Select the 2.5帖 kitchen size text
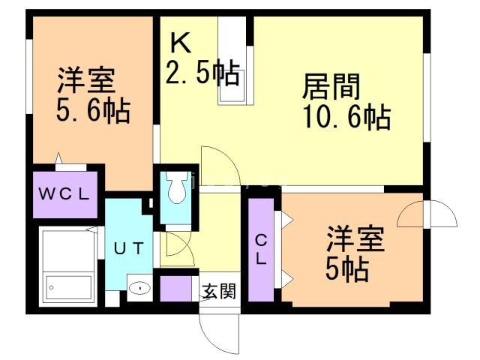[x=202, y=73]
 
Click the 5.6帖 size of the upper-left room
[x=92, y=111]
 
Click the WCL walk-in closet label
[x=64, y=193]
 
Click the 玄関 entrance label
[x=220, y=289]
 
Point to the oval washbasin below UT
[x=140, y=287]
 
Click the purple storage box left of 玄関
[x=176, y=289]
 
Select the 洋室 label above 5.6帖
[x=85, y=79]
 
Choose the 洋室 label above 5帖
[x=354, y=240]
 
